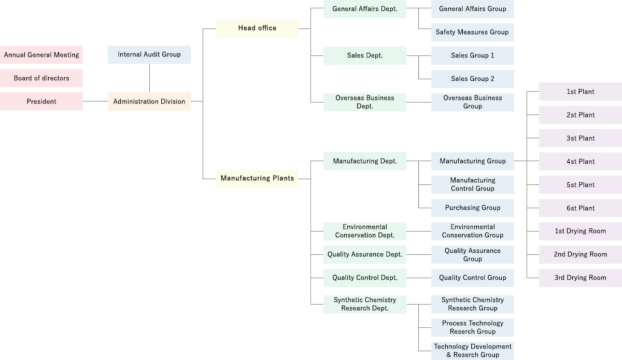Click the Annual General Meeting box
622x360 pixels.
pyautogui.click(x=41, y=55)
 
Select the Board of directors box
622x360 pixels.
pyautogui.click(x=41, y=78)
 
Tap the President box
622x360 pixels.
pyautogui.click(x=41, y=102)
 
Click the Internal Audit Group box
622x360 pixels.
pyautogui.click(x=149, y=54)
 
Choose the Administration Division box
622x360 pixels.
pyautogui.click(x=149, y=102)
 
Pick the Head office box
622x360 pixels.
pyautogui.click(x=257, y=28)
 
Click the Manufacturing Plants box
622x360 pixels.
pyautogui.click(x=257, y=179)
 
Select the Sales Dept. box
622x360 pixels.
pyautogui.click(x=365, y=55)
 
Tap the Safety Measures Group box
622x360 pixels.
pyautogui.click(x=472, y=32)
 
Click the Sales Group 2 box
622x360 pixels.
pyautogui.click(x=472, y=79)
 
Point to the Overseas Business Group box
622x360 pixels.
pyautogui.click(x=472, y=102)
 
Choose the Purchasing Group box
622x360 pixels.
pyautogui.click(x=472, y=208)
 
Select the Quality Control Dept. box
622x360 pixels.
pyautogui.click(x=365, y=278)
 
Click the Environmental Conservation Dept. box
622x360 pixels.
pyautogui.click(x=365, y=231)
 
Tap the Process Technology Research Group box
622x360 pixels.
pyautogui.click(x=472, y=327)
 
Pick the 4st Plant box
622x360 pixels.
pyautogui.click(x=581, y=162)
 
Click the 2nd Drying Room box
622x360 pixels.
pyautogui.click(x=581, y=254)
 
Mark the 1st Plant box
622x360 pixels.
pyautogui.click(x=581, y=92)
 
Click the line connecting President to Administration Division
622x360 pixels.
pyautogui.click(x=95, y=102)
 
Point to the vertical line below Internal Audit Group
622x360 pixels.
pyautogui.click(x=149, y=78)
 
